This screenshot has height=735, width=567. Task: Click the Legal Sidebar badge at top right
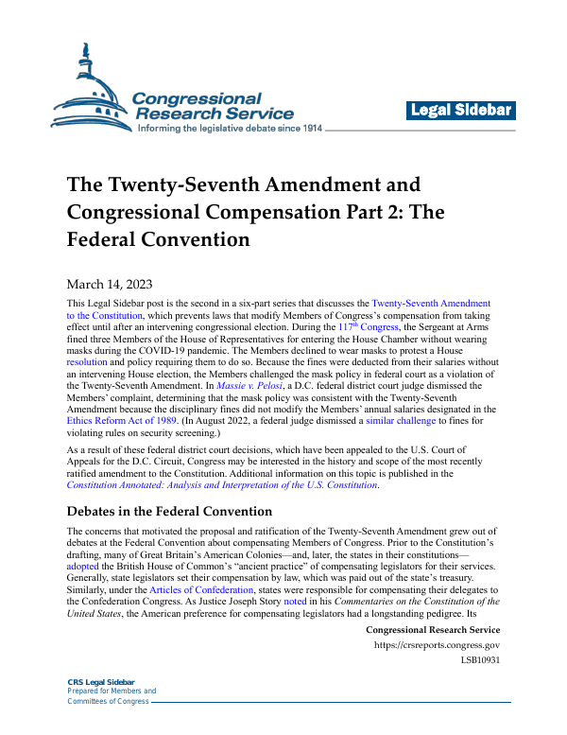[x=461, y=111]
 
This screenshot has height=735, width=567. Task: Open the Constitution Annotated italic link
[x=221, y=485]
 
